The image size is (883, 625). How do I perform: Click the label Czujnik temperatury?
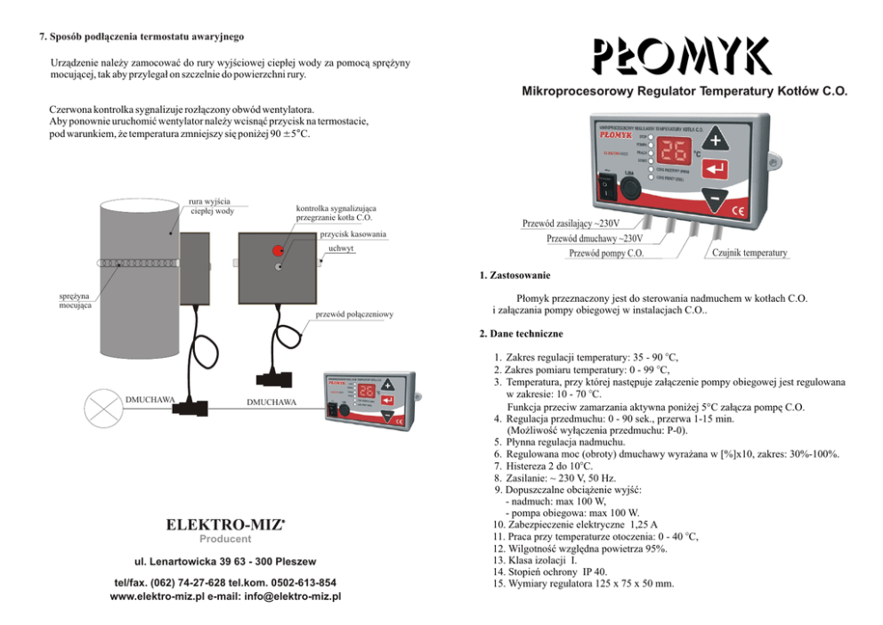point(749,253)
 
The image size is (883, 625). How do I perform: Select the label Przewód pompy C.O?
point(606,253)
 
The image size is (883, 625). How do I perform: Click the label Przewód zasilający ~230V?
point(571,223)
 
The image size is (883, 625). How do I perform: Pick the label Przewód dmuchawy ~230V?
point(594,238)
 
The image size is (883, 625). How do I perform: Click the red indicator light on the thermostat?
point(279,251)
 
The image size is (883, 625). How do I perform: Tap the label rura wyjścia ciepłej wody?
point(212,206)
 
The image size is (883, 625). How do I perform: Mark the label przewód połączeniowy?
point(353,314)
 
